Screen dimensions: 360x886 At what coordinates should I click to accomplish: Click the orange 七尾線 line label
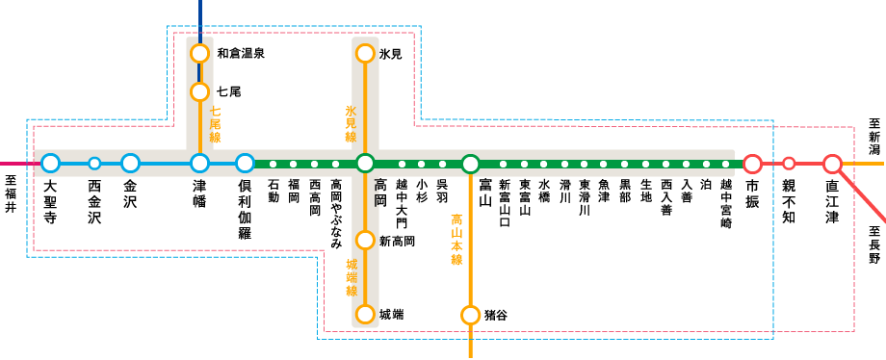tap(215, 124)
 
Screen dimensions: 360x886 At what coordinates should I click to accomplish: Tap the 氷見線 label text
tap(351, 124)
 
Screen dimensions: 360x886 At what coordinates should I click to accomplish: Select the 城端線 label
tap(352, 277)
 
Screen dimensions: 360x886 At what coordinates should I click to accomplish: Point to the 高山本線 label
tap(456, 240)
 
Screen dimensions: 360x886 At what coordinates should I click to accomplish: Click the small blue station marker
tap(94, 164)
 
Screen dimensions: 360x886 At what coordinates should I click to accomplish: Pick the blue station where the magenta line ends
tap(50, 164)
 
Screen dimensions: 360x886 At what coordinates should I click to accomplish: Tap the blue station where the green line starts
tap(245, 164)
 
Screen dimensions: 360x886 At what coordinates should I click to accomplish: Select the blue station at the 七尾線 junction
tap(199, 164)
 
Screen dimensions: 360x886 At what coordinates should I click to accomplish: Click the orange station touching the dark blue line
tap(199, 54)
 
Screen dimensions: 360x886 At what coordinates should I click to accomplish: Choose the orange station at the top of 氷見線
tap(365, 54)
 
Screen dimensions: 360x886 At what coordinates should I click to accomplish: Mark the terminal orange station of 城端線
tap(365, 314)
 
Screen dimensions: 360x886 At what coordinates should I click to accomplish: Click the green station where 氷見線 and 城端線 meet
tap(365, 164)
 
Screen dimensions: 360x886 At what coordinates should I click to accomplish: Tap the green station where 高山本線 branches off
tap(470, 165)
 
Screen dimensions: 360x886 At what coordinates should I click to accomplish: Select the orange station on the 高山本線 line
tap(470, 315)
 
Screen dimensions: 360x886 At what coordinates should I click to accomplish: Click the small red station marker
tap(789, 164)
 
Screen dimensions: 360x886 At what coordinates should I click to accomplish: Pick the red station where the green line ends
tap(752, 164)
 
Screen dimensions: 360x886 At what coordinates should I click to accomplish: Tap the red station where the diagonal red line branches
tap(832, 164)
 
